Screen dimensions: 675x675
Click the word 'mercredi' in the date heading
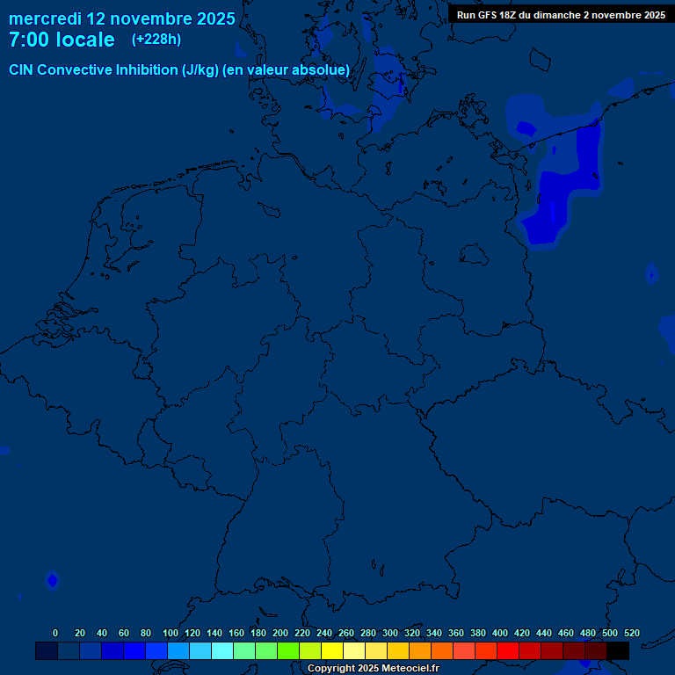[45, 18]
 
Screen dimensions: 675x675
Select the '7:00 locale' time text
[62, 40]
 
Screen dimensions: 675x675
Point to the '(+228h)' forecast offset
[156, 40]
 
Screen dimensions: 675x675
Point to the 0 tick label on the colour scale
[55, 633]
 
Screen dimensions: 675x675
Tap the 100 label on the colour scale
[171, 633]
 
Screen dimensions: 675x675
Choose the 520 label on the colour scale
[632, 633]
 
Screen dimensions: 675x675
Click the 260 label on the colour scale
[346, 633]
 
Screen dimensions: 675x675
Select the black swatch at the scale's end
[618, 650]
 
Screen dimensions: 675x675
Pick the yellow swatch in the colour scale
[331, 650]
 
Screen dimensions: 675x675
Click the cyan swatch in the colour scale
[221, 650]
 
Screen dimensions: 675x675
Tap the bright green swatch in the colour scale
[287, 650]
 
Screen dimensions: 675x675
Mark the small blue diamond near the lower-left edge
[52, 580]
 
